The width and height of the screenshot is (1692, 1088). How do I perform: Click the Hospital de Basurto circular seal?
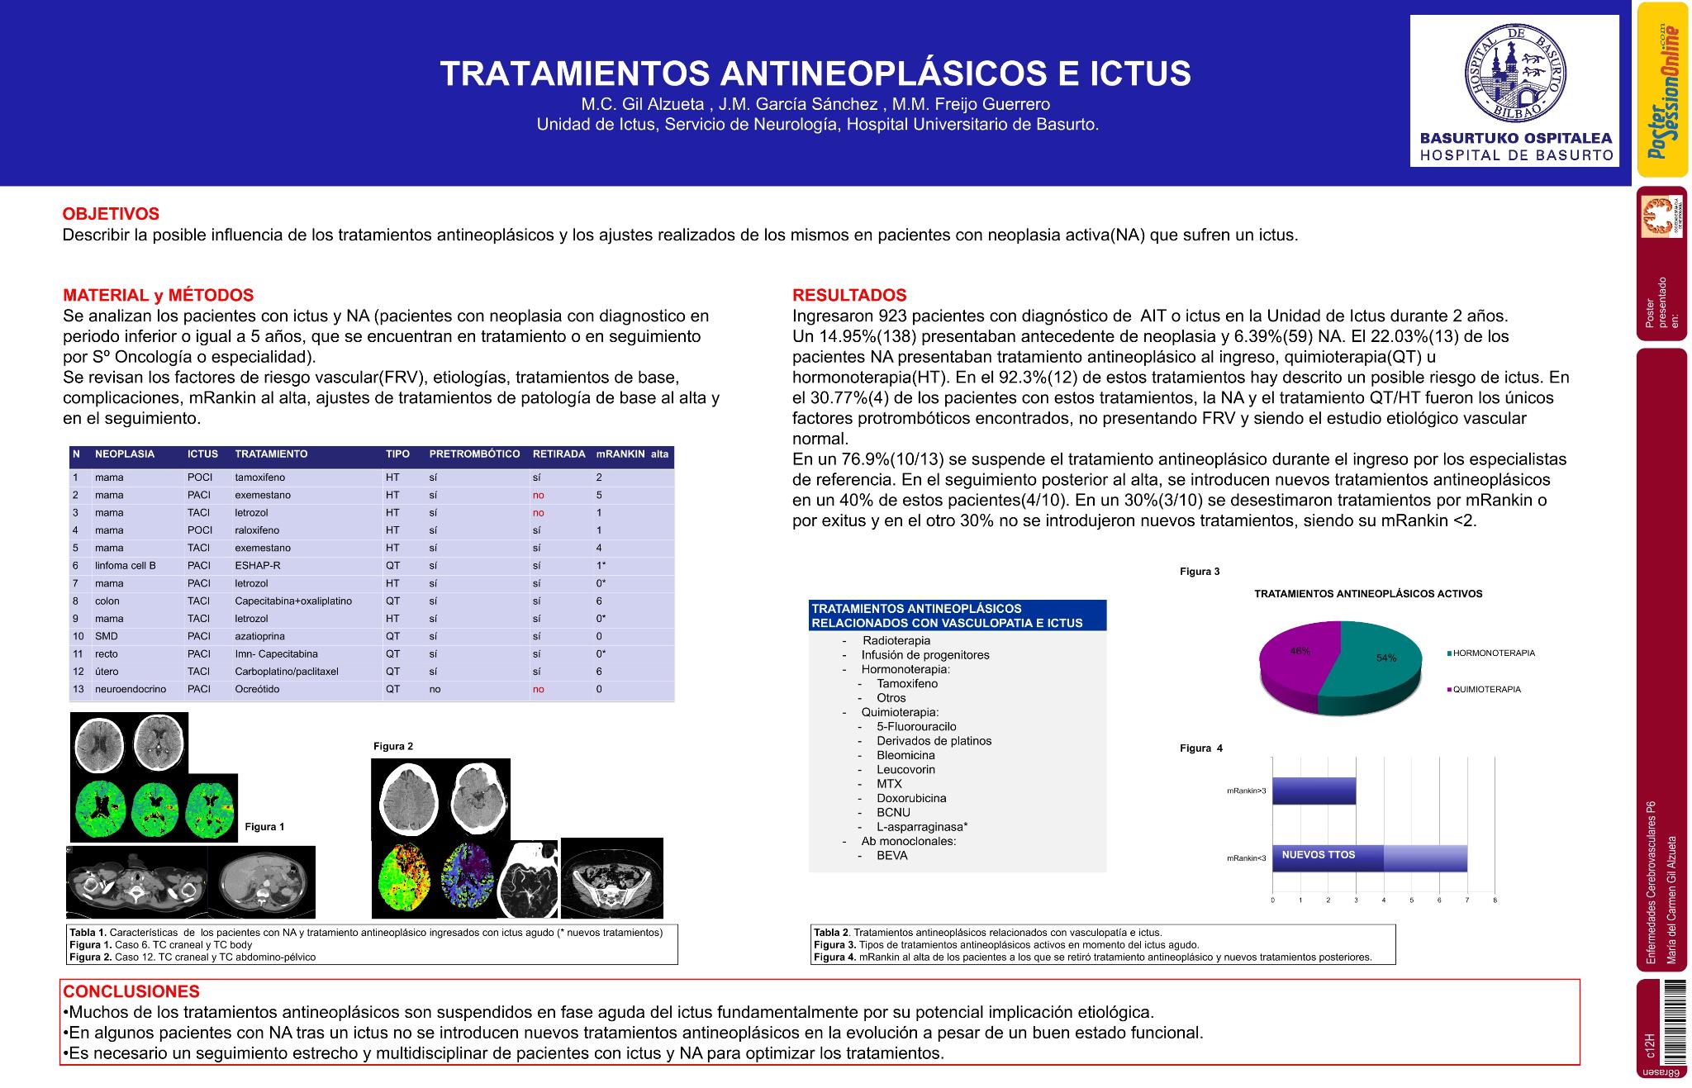click(1514, 74)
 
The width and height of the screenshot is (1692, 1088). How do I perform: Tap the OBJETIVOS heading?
click(111, 215)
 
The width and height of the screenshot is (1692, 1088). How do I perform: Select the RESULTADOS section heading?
click(849, 295)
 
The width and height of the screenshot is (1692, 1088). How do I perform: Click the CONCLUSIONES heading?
click(131, 991)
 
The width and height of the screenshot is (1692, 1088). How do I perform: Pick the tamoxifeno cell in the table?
click(259, 477)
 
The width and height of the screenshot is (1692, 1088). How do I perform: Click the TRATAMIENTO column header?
click(271, 454)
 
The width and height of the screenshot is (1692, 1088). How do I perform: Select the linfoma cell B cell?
click(126, 566)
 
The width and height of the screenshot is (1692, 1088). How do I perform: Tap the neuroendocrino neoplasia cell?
click(131, 689)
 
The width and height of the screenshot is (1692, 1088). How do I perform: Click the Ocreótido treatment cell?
click(257, 689)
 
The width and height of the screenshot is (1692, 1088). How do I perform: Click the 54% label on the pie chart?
click(1385, 658)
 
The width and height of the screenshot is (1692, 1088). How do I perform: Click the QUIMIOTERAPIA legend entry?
click(1486, 689)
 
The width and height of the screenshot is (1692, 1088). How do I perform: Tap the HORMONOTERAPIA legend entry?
click(1493, 653)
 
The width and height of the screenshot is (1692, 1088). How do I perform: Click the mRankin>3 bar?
click(1314, 791)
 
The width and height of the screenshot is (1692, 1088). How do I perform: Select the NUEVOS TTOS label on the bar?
click(1318, 855)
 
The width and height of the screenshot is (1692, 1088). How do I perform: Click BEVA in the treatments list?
click(892, 856)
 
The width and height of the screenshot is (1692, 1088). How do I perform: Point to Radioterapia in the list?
click(896, 640)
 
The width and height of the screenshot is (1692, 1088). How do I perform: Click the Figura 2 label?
click(393, 746)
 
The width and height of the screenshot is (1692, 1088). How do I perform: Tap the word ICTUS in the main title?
click(1141, 74)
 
